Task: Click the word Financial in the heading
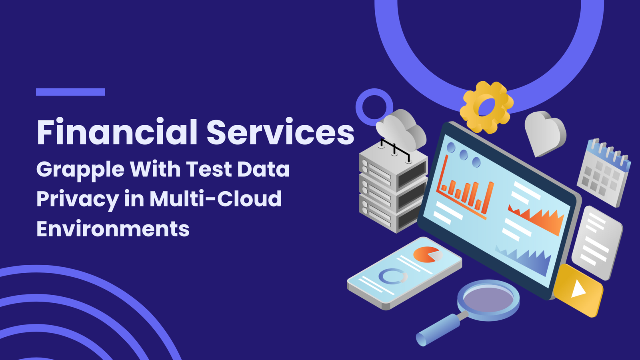117,132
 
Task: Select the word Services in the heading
280,132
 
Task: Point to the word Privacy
78,200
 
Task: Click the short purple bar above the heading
70,92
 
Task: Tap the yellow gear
486,107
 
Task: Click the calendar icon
604,172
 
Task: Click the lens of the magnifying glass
488,300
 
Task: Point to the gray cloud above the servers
402,130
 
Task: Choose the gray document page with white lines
597,243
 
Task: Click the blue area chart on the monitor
525,260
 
